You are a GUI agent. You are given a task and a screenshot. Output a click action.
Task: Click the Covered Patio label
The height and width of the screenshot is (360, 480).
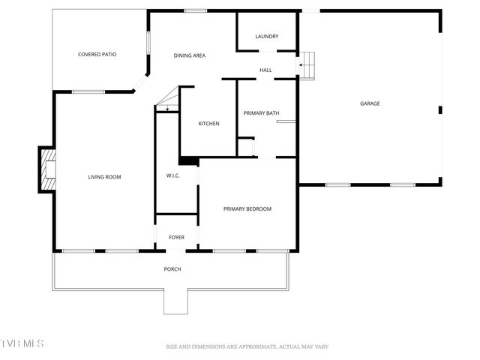pyautogui.click(x=97, y=54)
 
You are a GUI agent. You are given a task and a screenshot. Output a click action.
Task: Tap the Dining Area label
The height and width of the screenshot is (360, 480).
pyautogui.click(x=190, y=55)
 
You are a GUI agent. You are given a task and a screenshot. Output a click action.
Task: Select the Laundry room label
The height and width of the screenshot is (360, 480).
pyautogui.click(x=267, y=36)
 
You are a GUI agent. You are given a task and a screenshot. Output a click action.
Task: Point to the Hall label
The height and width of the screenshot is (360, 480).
pyautogui.click(x=265, y=70)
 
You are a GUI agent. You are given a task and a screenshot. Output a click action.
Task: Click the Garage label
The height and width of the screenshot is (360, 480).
pyautogui.click(x=370, y=103)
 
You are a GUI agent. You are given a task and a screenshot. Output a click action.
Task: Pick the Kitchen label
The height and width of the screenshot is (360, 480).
pyautogui.click(x=208, y=123)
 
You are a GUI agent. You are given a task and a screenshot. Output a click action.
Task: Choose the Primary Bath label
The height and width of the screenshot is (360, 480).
pyautogui.click(x=261, y=113)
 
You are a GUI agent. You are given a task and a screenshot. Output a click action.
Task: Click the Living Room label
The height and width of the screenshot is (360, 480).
pyautogui.click(x=104, y=177)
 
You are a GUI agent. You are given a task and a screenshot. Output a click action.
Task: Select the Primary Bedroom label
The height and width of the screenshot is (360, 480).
pyautogui.click(x=247, y=208)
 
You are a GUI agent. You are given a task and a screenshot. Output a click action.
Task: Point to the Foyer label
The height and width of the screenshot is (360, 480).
pyautogui.click(x=176, y=238)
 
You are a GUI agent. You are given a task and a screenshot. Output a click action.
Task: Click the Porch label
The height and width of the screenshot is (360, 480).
pyautogui.click(x=172, y=269)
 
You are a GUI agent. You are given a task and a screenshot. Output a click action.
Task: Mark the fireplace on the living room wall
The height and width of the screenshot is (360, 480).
pyautogui.click(x=48, y=169)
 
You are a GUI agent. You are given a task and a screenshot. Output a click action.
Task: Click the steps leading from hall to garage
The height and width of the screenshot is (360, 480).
pyautogui.click(x=308, y=65)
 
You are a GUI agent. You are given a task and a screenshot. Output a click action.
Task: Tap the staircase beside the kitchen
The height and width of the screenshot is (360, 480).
pyautogui.click(x=167, y=100)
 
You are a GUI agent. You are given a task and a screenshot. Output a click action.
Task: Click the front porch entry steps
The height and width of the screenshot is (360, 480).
pyautogui.click(x=176, y=301)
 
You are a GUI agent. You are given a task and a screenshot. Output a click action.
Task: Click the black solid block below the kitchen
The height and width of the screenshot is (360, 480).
pyautogui.click(x=188, y=160)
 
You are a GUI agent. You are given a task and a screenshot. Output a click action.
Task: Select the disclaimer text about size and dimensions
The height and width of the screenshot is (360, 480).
pyautogui.click(x=247, y=346)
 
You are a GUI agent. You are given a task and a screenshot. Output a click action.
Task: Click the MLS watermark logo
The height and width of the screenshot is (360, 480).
pyautogui.click(x=22, y=343)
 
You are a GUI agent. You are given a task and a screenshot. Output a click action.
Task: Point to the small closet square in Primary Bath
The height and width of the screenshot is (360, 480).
pyautogui.click(x=245, y=146)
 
